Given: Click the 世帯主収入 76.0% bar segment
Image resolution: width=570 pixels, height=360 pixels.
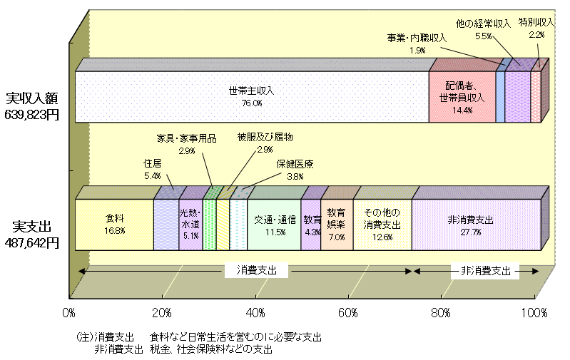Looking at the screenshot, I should [x=252, y=97].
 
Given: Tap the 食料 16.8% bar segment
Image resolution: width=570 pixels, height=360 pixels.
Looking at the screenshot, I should [x=114, y=225].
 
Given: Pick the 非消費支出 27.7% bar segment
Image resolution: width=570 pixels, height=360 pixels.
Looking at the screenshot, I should [x=475, y=225].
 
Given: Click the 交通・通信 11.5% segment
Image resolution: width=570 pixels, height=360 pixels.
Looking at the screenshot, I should [x=275, y=225].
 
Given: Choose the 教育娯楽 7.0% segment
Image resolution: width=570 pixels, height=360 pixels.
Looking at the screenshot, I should [x=337, y=225].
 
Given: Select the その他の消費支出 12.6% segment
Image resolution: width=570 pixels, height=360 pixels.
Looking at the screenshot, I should [x=382, y=225].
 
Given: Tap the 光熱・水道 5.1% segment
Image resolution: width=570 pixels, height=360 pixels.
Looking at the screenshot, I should [x=190, y=225].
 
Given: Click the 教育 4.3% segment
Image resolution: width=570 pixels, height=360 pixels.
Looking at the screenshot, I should [x=311, y=225].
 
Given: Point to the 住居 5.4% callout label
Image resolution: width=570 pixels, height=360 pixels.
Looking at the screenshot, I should [x=153, y=169].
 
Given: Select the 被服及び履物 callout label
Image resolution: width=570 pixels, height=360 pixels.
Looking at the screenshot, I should [x=265, y=143].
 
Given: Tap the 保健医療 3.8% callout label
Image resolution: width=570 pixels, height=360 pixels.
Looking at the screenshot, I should [x=295, y=170].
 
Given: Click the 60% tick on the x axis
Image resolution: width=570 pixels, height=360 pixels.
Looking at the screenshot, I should [x=349, y=312].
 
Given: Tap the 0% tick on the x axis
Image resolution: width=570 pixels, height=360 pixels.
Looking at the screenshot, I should [x=69, y=312].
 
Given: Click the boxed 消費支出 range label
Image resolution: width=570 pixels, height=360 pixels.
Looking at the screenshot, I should [x=255, y=271].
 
